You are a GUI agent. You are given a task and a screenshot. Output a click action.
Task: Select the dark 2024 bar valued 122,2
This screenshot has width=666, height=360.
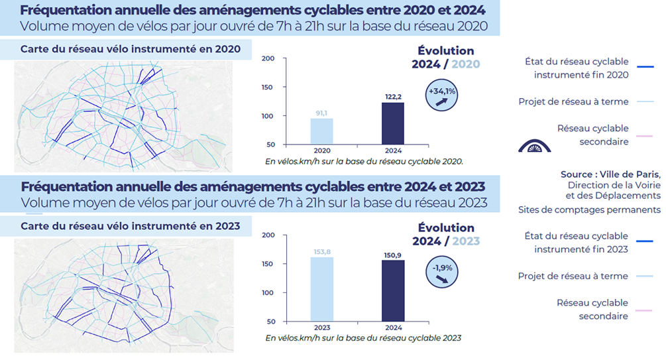coord(394,123)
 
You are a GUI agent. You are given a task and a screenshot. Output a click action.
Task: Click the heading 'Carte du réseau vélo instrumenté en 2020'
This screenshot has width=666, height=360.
coord(130,49)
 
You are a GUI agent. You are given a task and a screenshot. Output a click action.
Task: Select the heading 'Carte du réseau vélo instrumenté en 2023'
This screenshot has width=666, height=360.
coord(130,226)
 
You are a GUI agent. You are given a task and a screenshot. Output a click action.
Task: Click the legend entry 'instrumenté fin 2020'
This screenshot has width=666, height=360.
coord(581,75)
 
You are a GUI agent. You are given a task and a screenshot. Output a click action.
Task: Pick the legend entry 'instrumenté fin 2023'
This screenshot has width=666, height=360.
coord(581,249)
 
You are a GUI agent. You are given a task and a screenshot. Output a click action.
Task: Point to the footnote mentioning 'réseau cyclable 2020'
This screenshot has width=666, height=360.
coord(364,161)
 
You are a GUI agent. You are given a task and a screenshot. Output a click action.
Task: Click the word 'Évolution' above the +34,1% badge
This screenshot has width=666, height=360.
coord(446,51)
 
